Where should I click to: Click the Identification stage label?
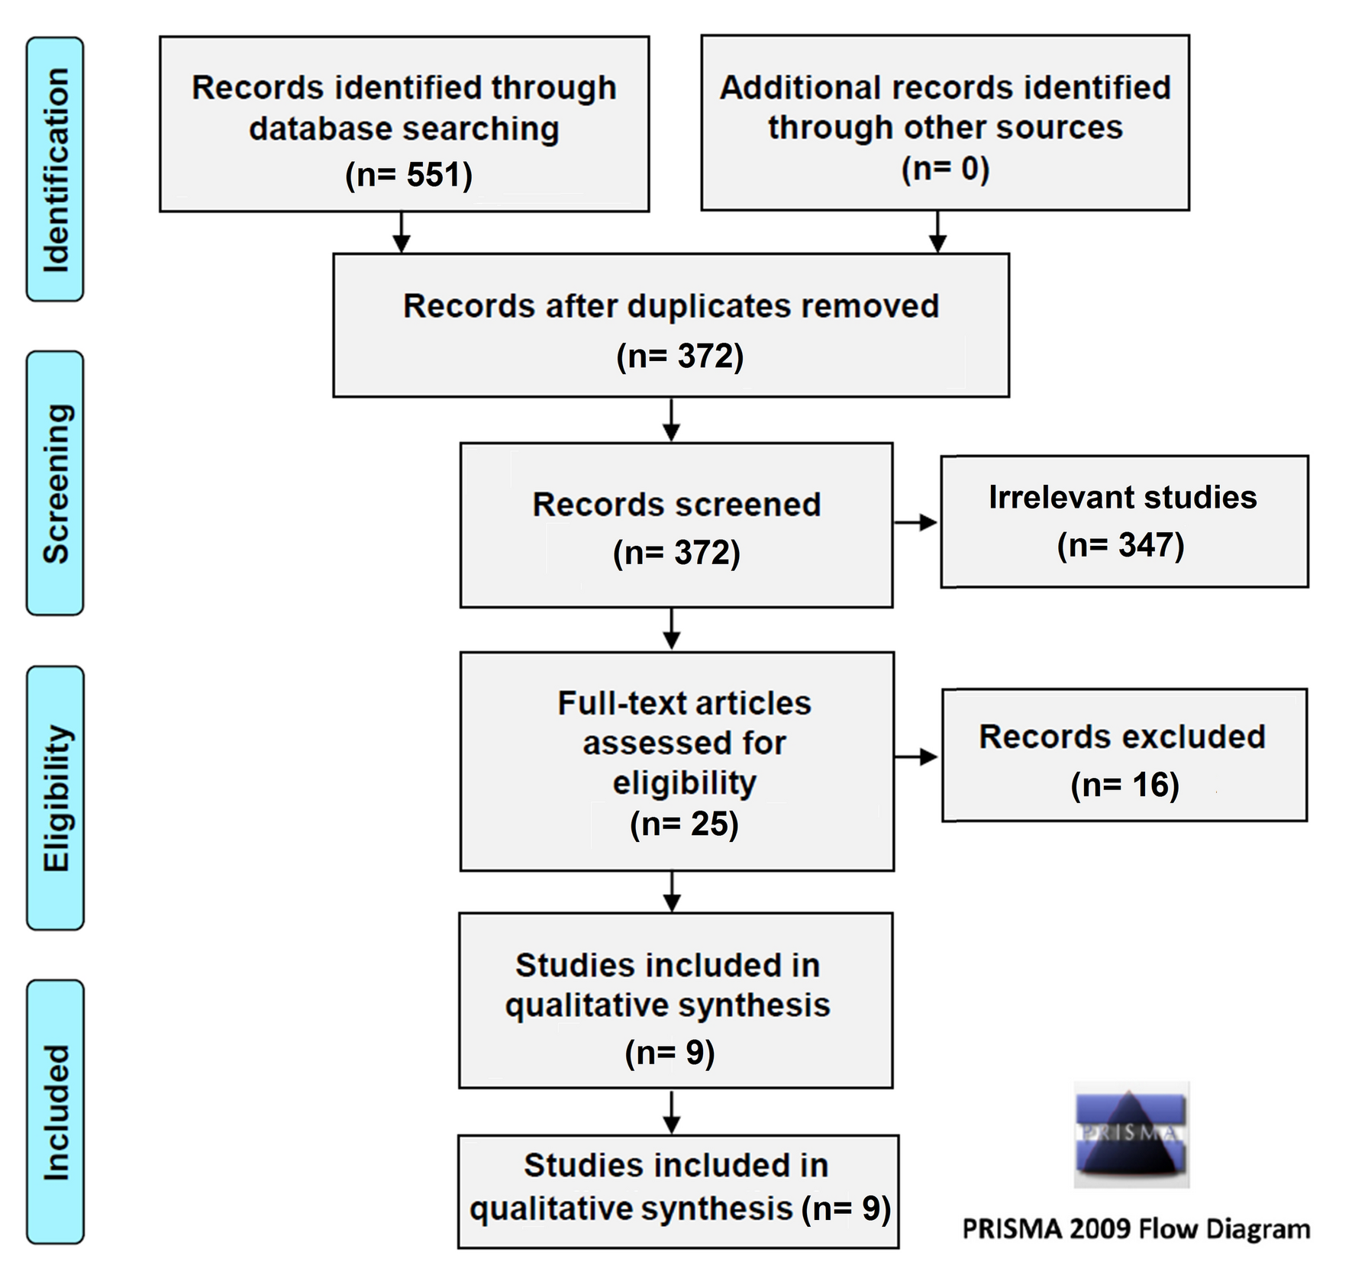click(56, 169)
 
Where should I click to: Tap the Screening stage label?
click(56, 483)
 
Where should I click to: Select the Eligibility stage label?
click(56, 798)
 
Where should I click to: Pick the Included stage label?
click(56, 1112)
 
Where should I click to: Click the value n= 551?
click(408, 175)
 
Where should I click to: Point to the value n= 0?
click(945, 169)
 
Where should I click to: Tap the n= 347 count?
click(1121, 545)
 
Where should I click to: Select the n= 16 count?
click(1125, 785)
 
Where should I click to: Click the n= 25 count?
click(684, 824)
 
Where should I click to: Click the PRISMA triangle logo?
click(1131, 1134)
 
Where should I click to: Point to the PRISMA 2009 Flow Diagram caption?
click(1136, 1229)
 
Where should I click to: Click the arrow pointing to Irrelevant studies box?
click(915, 523)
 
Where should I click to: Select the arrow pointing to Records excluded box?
click(916, 757)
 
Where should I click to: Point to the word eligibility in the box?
click(684, 783)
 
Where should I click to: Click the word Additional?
click(800, 88)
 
